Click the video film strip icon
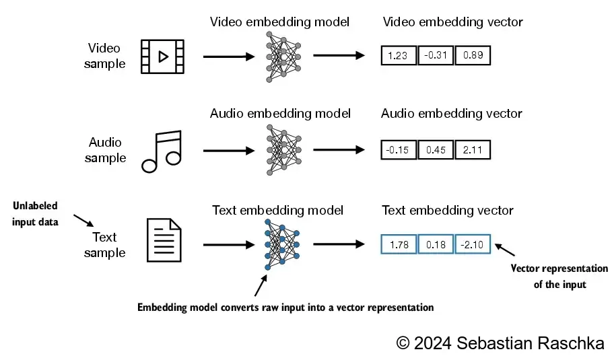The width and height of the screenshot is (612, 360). tap(162, 57)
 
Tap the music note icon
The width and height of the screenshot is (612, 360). tap(162, 150)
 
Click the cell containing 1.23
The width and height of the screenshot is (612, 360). tap(399, 56)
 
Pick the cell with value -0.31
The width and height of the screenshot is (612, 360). tap(436, 56)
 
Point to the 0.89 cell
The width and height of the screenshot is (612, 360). tap(473, 56)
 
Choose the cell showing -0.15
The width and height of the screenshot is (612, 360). tap(399, 149)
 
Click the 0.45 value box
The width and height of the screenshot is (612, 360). tap(436, 149)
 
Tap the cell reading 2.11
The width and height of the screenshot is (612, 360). tap(473, 149)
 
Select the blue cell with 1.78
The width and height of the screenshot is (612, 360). tap(399, 244)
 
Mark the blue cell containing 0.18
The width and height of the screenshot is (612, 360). tap(436, 244)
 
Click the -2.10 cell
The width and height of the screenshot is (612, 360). tap(473, 244)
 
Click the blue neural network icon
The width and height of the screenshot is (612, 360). tap(283, 244)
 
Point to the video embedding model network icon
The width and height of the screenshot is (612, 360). tap(283, 57)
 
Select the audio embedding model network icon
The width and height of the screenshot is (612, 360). tap(283, 150)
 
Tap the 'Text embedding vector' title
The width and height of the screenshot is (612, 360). tap(448, 211)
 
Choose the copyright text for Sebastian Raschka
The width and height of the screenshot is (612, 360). tap(500, 343)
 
